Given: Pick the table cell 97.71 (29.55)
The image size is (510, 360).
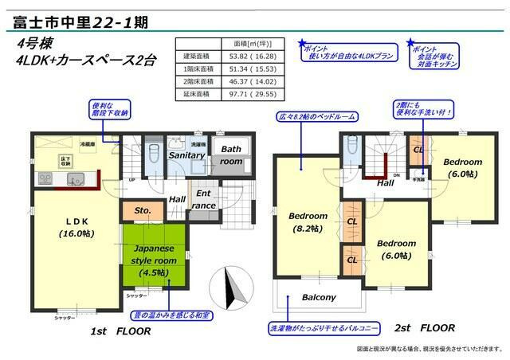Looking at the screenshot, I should pyautogui.click(x=246, y=93).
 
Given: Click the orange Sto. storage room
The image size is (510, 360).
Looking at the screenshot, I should pyautogui.click(x=142, y=212).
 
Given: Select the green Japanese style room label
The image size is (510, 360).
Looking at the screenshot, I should pyautogui.click(x=153, y=260).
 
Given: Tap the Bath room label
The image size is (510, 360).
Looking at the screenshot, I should pyautogui.click(x=231, y=155).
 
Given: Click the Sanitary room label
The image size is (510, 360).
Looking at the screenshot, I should pyautogui.click(x=186, y=156).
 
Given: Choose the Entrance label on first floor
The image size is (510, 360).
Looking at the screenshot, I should pyautogui.click(x=203, y=198).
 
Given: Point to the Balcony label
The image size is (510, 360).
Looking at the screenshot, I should pyautogui.click(x=319, y=297).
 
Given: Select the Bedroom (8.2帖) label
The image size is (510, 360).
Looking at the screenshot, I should pyautogui.click(x=308, y=221).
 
